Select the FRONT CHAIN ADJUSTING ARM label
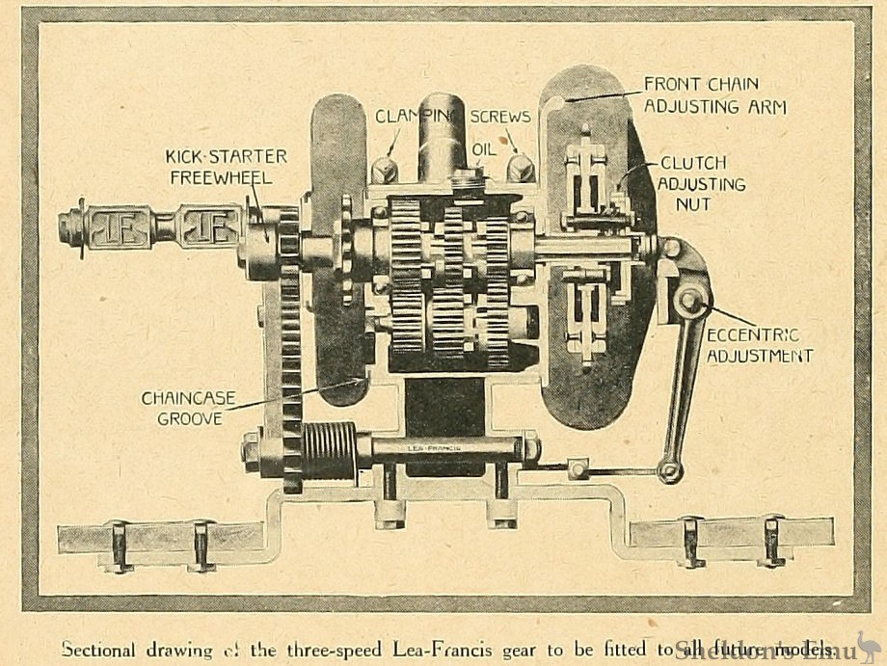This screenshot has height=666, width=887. tap(714, 94)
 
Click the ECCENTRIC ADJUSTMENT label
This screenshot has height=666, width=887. tap(759, 345)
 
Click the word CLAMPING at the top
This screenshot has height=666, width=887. tap(414, 117)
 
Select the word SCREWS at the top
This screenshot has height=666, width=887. tap(500, 117)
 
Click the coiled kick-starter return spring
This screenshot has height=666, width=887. tap(330, 449)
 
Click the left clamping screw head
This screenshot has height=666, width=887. tap(384, 170)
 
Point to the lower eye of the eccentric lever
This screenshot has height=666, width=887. tap(670, 471)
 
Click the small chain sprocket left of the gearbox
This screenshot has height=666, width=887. tap(346, 249)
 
